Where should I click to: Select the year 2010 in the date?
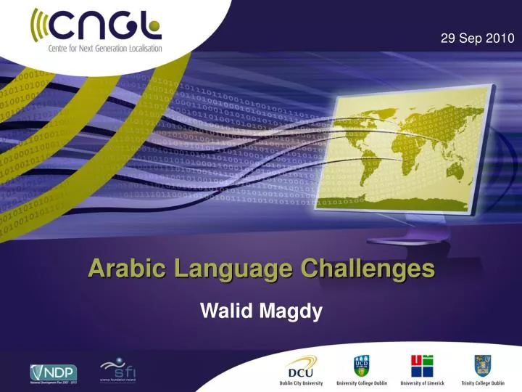tap(500, 38)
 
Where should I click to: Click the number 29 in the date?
tap(447, 38)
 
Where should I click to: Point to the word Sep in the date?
tap(471, 38)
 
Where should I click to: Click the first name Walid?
tap(224, 311)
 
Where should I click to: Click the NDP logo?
tap(53, 372)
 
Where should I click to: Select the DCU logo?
tap(302, 365)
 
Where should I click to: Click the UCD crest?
tap(361, 365)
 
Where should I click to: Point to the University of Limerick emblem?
tap(422, 365)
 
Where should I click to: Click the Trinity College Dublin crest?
tap(483, 365)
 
